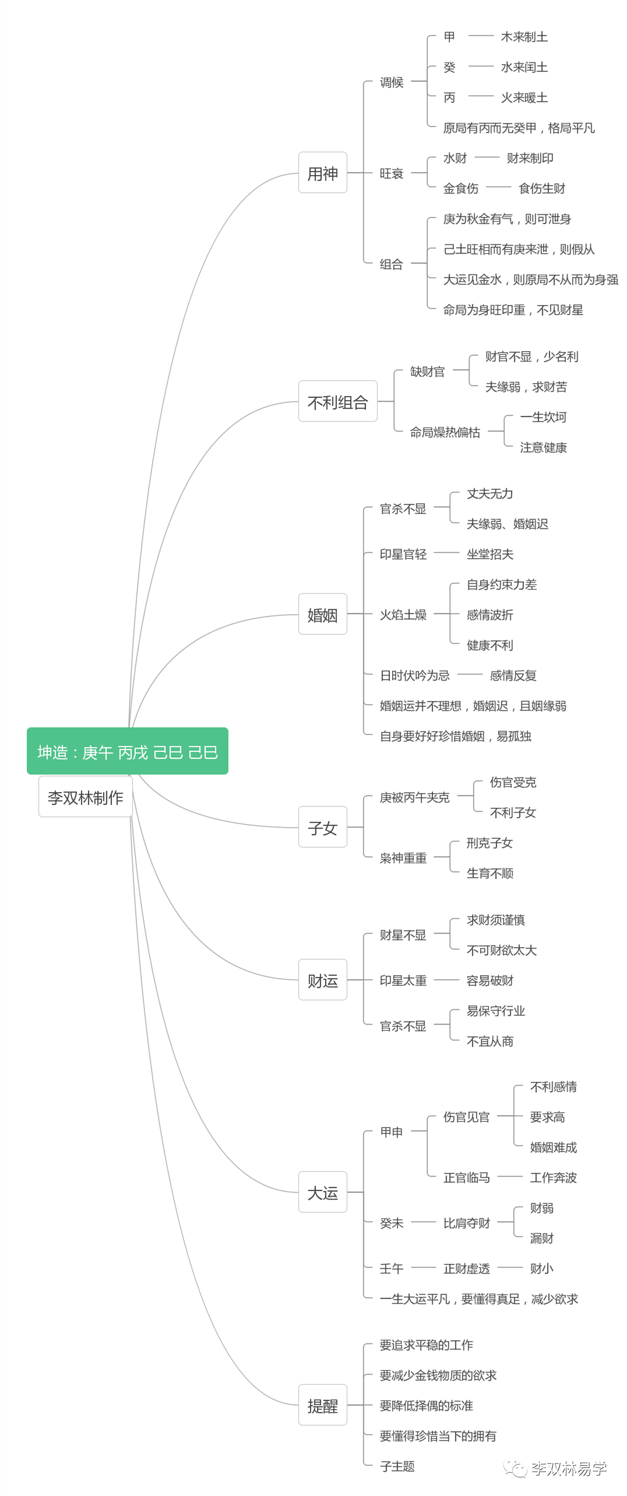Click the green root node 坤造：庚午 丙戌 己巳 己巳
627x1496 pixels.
coord(127,751)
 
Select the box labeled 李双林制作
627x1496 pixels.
coord(86,797)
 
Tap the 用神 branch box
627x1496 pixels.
coord(322,173)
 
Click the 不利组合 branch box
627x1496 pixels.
coord(337,401)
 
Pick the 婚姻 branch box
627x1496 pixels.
coord(322,614)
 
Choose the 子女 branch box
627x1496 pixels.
coord(322,827)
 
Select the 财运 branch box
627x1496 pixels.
coord(322,980)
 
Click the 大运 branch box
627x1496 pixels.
coord(322,1192)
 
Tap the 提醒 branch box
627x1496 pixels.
coord(322,1405)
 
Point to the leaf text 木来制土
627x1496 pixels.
coord(524,37)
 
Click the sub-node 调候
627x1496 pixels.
coord(391,82)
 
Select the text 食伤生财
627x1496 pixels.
coord(541,188)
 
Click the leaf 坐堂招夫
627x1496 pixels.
coord(489,553)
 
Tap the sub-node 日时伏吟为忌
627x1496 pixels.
coord(414,675)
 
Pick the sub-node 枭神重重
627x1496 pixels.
coord(403,857)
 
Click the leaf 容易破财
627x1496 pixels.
coord(489,980)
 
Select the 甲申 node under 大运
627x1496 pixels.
coord(391,1131)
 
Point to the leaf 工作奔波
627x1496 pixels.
coord(553,1177)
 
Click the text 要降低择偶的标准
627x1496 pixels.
coord(426,1405)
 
